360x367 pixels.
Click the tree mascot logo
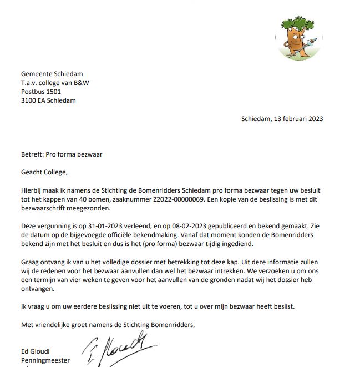coord(299,37)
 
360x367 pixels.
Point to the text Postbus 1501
coord(41,92)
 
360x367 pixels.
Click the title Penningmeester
coord(45,360)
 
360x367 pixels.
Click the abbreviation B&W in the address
coord(81,83)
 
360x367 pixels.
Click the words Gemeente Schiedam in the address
coord(52,74)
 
